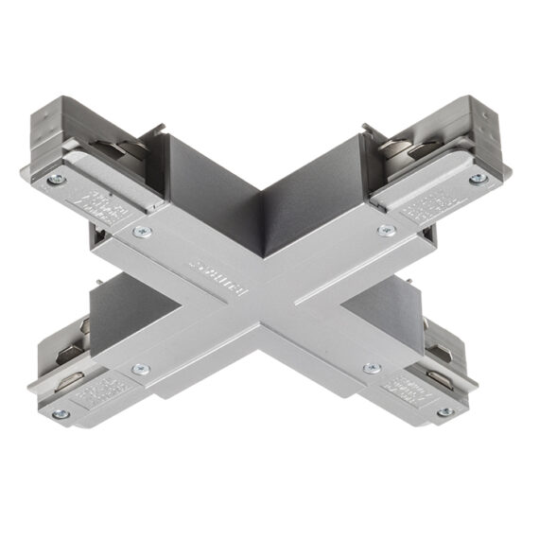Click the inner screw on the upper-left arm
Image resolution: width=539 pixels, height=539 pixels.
pyautogui.click(x=142, y=231)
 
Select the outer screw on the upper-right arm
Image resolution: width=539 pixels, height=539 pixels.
pyautogui.click(x=478, y=177)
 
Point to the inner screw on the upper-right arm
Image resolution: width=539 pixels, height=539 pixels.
pyautogui.click(x=385, y=230)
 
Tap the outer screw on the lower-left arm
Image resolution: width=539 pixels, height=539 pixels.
pyautogui.click(x=61, y=413)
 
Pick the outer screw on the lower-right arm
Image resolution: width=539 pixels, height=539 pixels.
pyautogui.click(x=443, y=411)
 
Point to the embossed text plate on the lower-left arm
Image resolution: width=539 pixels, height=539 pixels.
pyautogui.click(x=96, y=388)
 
